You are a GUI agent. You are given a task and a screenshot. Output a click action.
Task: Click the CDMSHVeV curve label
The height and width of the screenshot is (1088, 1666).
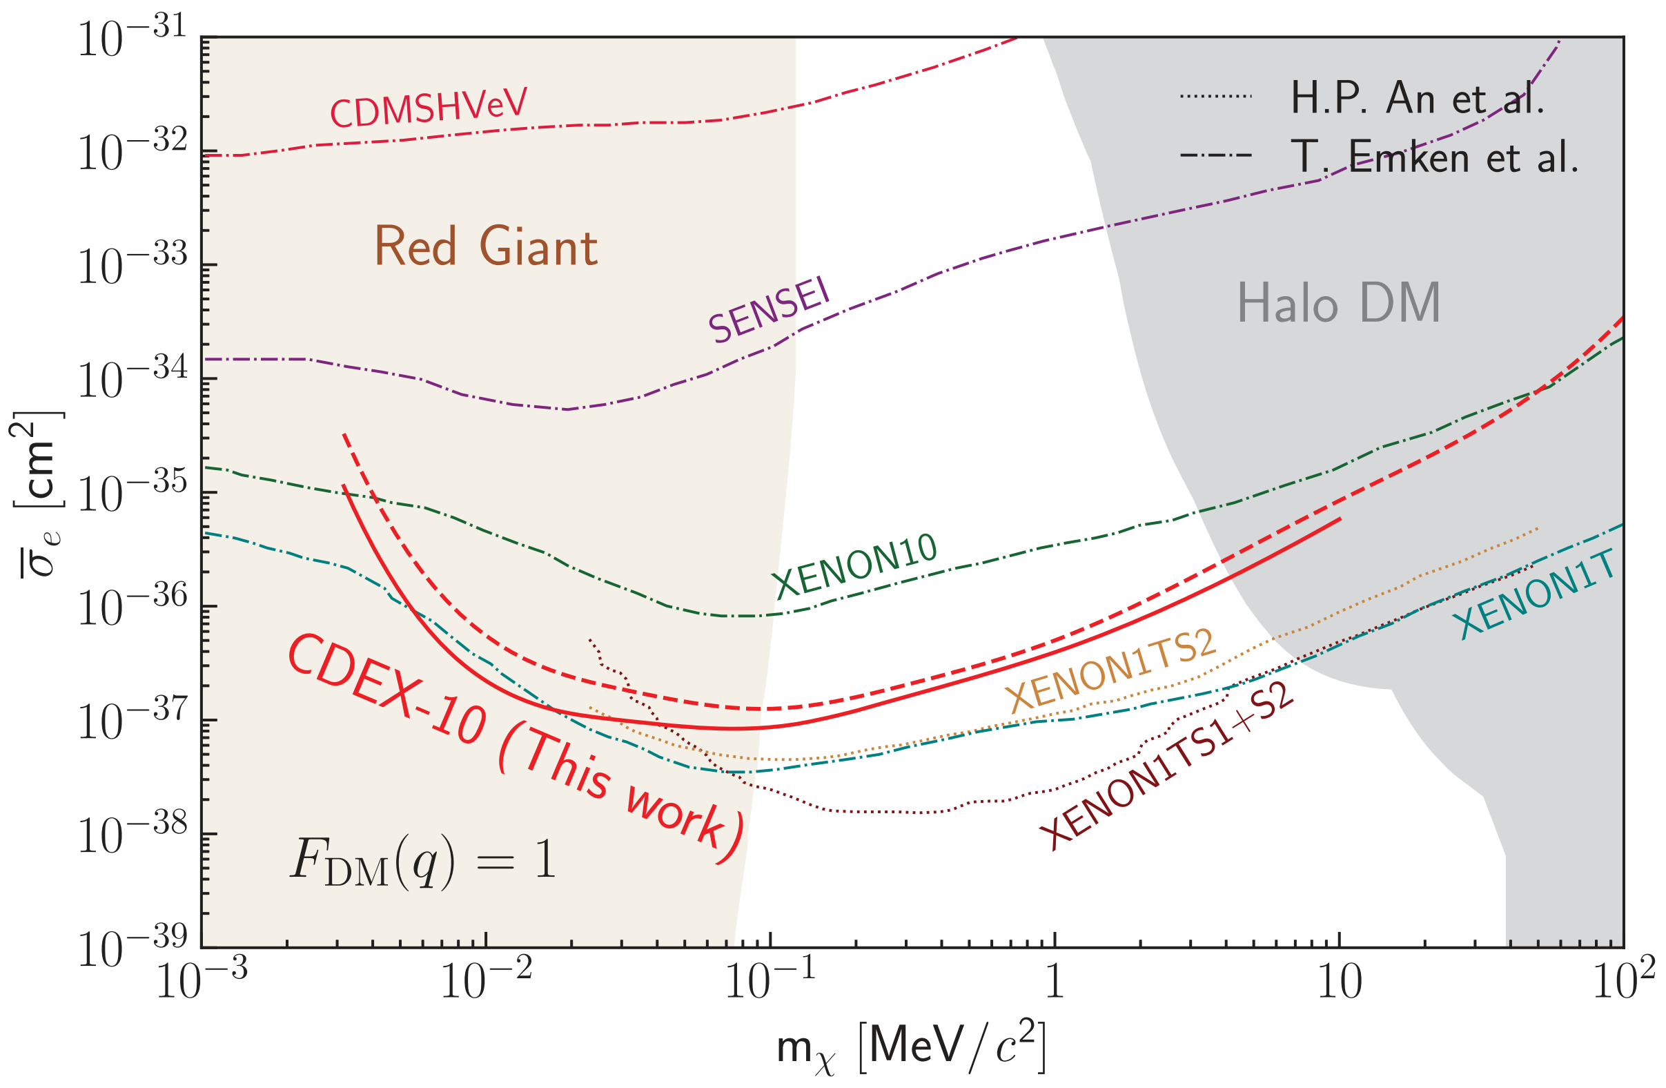coord(429,108)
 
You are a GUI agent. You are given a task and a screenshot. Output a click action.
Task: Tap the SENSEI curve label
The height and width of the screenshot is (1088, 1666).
coord(770,309)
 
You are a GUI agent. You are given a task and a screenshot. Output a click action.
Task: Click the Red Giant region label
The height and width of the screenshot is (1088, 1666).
coord(486,246)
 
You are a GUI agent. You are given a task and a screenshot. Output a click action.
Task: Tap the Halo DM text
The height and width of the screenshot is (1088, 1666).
coord(1338,303)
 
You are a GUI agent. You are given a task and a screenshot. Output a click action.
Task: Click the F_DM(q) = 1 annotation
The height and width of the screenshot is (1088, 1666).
coord(423,861)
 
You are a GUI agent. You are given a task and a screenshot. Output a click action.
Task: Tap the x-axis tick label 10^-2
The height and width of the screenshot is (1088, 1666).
coord(485,982)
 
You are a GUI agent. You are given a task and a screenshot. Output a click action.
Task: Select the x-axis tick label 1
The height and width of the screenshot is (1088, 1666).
coord(1055,982)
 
